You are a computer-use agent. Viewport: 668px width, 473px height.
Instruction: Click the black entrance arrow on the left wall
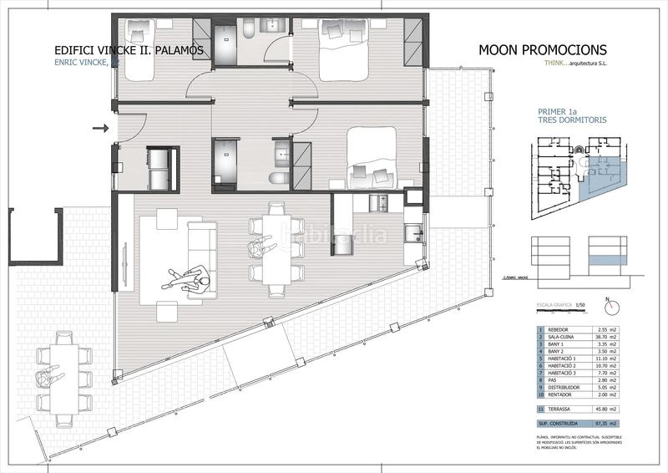pyautogui.click(x=101, y=129)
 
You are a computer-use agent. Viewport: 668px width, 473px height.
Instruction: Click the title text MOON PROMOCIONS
pyautogui.click(x=543, y=50)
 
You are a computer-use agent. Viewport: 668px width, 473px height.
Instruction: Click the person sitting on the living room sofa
pyautogui.click(x=198, y=280)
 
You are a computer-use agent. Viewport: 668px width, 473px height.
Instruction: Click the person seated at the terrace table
pyautogui.click(x=48, y=378)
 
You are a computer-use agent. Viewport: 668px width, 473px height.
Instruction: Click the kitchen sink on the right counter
pyautogui.click(x=412, y=234)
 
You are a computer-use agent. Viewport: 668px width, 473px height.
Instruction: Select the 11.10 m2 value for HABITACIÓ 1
pyautogui.click(x=605, y=359)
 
